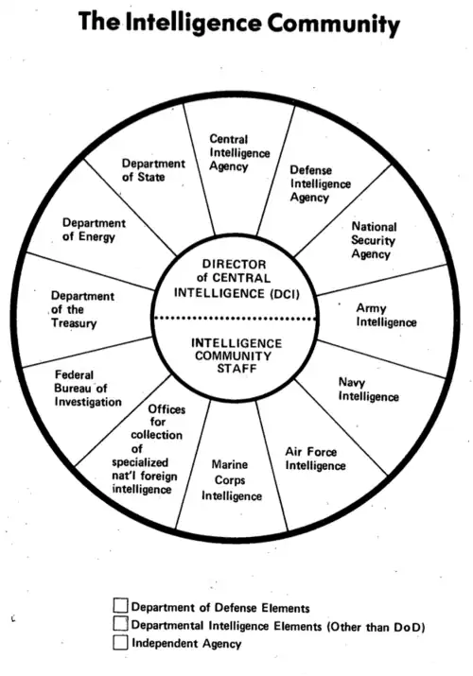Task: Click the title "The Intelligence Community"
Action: pyautogui.click(x=239, y=24)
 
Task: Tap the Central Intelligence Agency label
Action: pyautogui.click(x=239, y=153)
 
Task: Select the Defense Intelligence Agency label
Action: pyautogui.click(x=321, y=183)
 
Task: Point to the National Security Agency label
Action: pyautogui.click(x=374, y=240)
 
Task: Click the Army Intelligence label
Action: pyautogui.click(x=386, y=316)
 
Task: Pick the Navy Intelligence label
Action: pyautogui.click(x=369, y=390)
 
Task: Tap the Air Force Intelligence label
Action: pyautogui.click(x=315, y=459)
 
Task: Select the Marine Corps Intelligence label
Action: pyautogui.click(x=232, y=480)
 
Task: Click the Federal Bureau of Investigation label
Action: pyautogui.click(x=88, y=389)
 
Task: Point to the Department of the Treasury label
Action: pyautogui.click(x=82, y=309)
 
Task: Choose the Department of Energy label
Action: pyautogui.click(x=94, y=230)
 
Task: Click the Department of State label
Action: pyautogui.click(x=153, y=170)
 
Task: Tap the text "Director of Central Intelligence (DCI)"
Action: pyautogui.click(x=236, y=279)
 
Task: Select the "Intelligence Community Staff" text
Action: pyautogui.click(x=236, y=356)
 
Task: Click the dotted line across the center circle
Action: pyautogui.click(x=236, y=319)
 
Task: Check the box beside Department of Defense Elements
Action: pyautogui.click(x=121, y=605)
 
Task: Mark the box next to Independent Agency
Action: pyautogui.click(x=121, y=642)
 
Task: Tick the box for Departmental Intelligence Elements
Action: pyautogui.click(x=121, y=623)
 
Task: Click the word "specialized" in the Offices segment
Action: pyautogui.click(x=140, y=463)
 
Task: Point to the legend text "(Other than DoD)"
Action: pyautogui.click(x=376, y=627)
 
